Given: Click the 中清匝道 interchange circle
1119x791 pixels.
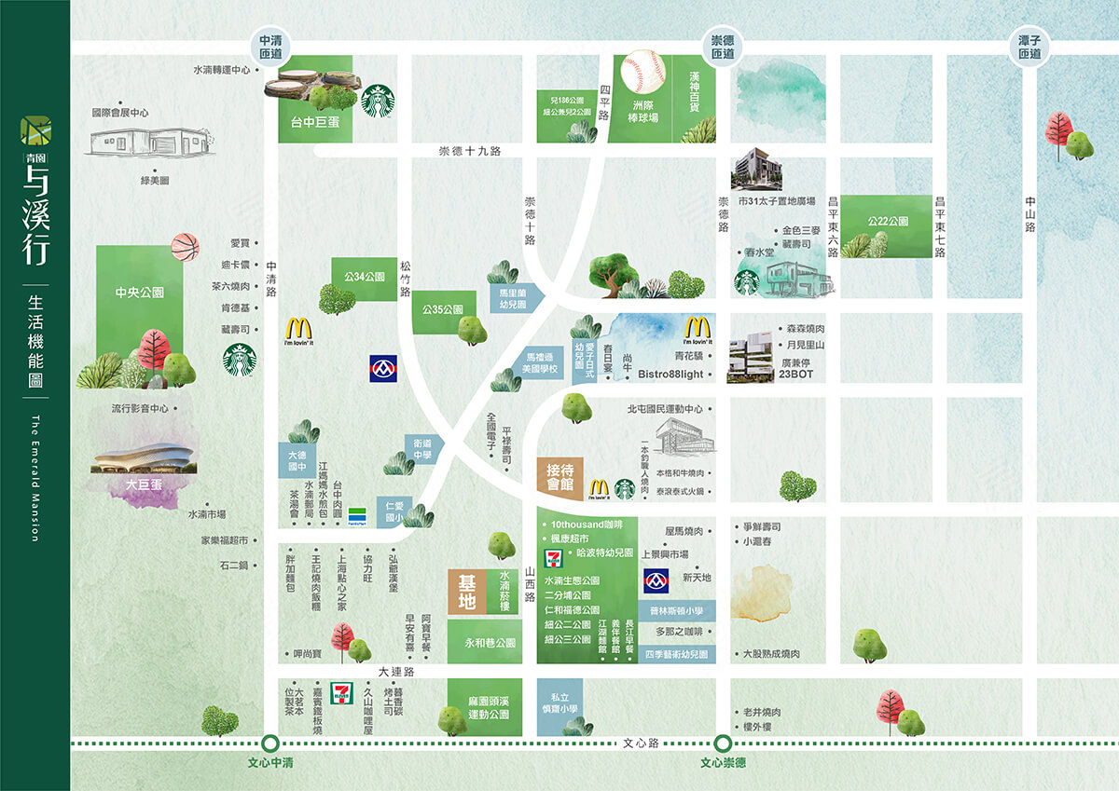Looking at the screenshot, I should pyautogui.click(x=270, y=47).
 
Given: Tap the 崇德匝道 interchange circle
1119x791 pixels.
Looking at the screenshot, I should pyautogui.click(x=722, y=47).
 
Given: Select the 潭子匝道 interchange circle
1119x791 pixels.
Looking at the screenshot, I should pyautogui.click(x=1029, y=47).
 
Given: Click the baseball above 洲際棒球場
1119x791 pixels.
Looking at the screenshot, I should pyautogui.click(x=643, y=71).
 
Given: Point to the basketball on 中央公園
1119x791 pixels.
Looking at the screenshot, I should pyautogui.click(x=185, y=247).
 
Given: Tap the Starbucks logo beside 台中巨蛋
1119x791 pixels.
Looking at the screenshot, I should pyautogui.click(x=378, y=101).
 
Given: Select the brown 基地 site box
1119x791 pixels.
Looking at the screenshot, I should pyautogui.click(x=466, y=592).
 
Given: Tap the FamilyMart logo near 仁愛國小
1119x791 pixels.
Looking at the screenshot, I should pyautogui.click(x=357, y=517).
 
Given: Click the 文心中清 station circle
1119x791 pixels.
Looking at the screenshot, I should pyautogui.click(x=270, y=743).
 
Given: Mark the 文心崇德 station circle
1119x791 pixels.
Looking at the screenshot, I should pyautogui.click(x=722, y=743).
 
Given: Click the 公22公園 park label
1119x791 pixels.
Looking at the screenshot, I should pyautogui.click(x=887, y=222).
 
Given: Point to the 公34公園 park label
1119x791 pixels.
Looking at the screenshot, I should pyautogui.click(x=365, y=277).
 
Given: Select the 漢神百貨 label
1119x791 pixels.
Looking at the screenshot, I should pyautogui.click(x=695, y=93).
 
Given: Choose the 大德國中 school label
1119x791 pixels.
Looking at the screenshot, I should pyautogui.click(x=297, y=459).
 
